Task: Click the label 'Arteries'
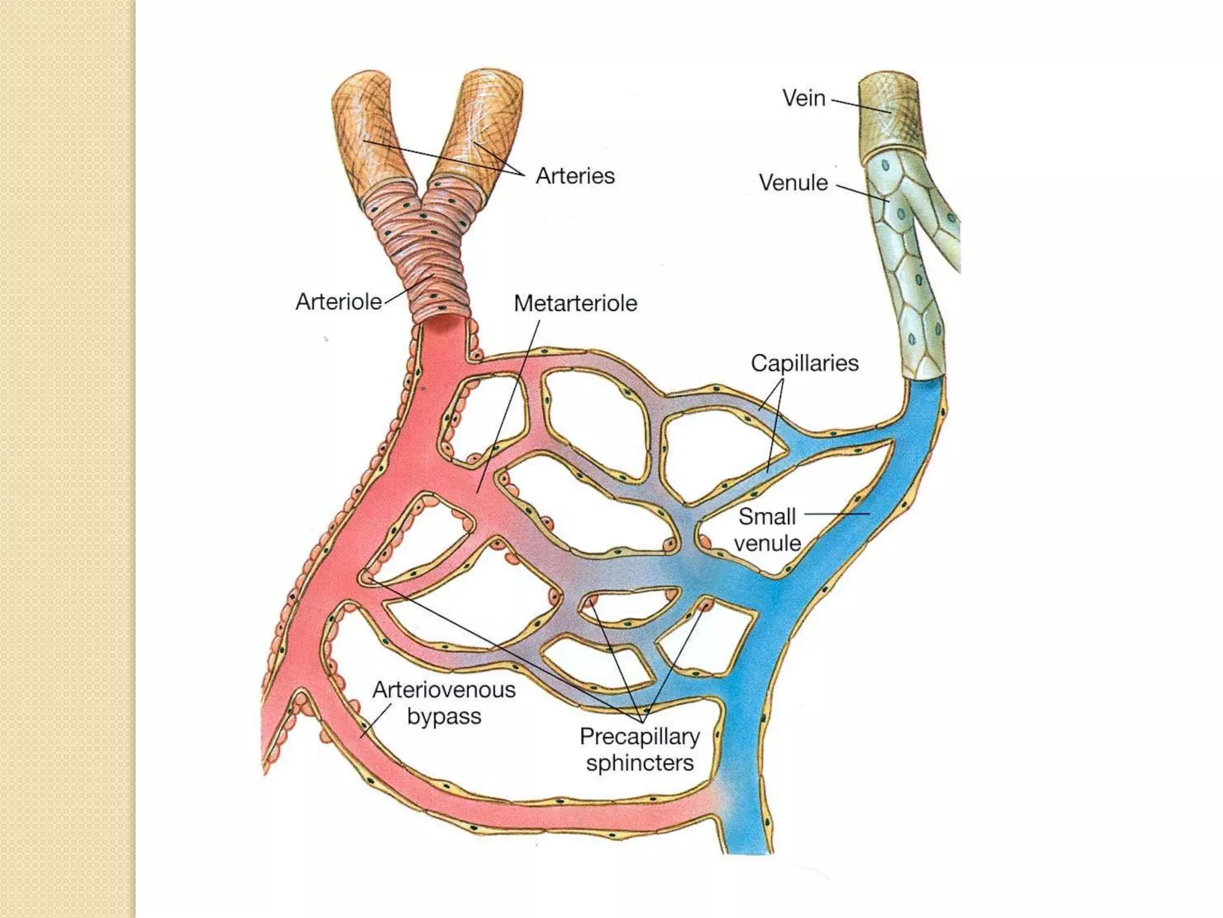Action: click(x=575, y=176)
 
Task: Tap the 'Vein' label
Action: click(x=804, y=99)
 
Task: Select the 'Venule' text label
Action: click(x=793, y=183)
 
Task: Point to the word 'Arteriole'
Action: click(x=339, y=302)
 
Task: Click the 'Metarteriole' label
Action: click(x=575, y=304)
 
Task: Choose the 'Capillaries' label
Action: click(x=804, y=363)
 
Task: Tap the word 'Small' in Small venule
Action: click(x=767, y=516)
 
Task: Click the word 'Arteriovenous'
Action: click(x=444, y=690)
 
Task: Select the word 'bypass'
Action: click(x=444, y=716)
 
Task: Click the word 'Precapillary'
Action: click(x=640, y=736)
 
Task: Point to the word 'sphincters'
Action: click(x=640, y=763)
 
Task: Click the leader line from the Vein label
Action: click(x=860, y=106)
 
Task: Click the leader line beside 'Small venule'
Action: click(x=836, y=513)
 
